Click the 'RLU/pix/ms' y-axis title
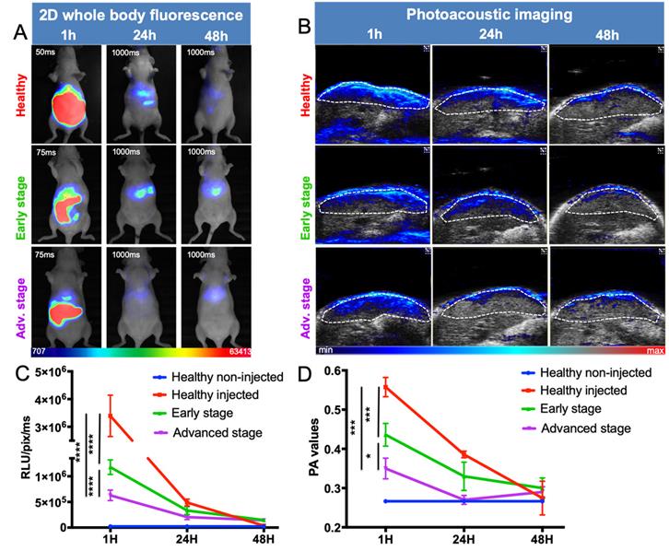pyautogui.click(x=15, y=449)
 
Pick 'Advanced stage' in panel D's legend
pyautogui.click(x=585, y=428)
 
